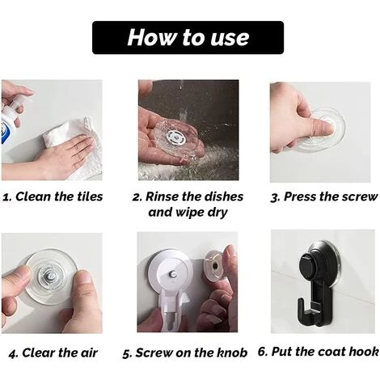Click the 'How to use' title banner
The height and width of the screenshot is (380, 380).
[x=188, y=37]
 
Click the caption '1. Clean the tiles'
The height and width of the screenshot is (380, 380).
[x=53, y=196]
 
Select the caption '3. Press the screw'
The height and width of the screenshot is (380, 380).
[x=324, y=196]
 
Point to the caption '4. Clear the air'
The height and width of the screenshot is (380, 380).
[x=53, y=353]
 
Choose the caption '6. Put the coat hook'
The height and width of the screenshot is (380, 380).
[x=319, y=352]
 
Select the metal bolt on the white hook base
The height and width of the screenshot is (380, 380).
[x=172, y=274]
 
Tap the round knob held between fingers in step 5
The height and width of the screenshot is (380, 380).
[x=215, y=265]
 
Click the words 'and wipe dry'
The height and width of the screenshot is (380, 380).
[x=188, y=213]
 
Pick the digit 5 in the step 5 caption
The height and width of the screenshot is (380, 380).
[x=125, y=353]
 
